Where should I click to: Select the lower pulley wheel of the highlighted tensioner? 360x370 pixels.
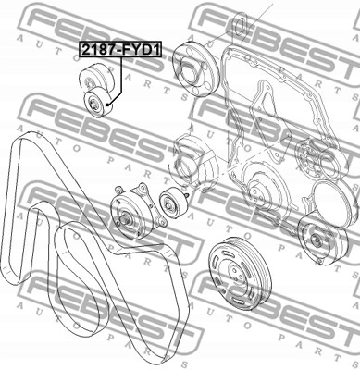[95, 105]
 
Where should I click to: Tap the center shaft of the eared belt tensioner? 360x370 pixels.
[125, 220]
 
